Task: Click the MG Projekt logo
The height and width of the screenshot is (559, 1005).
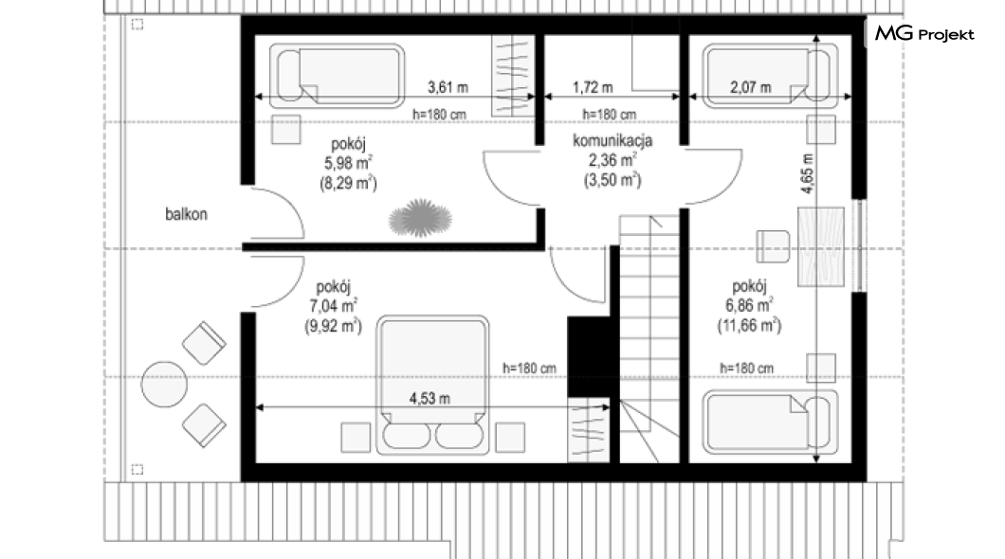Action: (x=924, y=33)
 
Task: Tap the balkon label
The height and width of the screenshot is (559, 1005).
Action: (x=186, y=214)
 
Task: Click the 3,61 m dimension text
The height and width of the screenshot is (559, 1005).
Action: (x=448, y=86)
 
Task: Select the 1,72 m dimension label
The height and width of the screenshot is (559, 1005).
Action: (x=593, y=86)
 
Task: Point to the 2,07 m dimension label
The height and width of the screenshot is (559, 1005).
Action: (x=751, y=86)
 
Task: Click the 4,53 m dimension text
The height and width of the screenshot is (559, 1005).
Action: (x=429, y=398)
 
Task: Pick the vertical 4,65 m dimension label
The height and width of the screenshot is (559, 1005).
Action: (x=807, y=173)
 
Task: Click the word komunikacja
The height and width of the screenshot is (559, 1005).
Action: (x=612, y=141)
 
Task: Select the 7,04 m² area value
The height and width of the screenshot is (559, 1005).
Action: (x=334, y=306)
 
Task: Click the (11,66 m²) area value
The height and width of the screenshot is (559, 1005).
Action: (x=749, y=325)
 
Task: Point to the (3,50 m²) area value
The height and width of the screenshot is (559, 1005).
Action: (x=612, y=180)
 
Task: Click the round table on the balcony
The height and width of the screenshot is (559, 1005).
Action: (x=164, y=384)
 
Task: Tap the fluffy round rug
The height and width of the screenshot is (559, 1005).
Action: (x=420, y=218)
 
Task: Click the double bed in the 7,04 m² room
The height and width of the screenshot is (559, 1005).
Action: (x=432, y=385)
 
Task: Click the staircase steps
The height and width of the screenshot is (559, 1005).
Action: (x=649, y=339)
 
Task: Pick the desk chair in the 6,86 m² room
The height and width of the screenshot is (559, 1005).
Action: (x=773, y=246)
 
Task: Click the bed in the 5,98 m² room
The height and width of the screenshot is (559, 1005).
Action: (x=338, y=76)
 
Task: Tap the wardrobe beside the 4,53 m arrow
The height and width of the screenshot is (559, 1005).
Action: (x=589, y=429)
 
